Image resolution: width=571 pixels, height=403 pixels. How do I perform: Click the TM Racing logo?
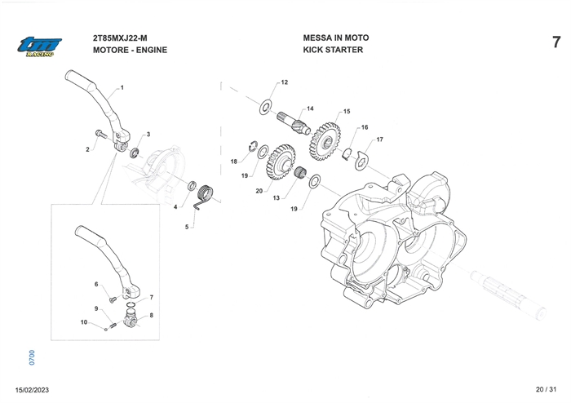[35, 46]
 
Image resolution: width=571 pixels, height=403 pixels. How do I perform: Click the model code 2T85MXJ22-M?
[120, 38]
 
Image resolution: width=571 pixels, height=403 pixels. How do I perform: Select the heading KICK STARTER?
[333, 51]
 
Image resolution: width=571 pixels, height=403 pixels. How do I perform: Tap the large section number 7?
[556, 42]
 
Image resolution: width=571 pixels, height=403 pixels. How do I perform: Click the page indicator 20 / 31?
[543, 390]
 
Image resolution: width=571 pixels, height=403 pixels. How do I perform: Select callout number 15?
[347, 112]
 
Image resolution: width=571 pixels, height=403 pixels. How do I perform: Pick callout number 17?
[379, 139]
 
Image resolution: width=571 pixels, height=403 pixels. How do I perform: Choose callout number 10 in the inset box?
[83, 323]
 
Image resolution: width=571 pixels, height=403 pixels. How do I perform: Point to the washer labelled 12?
[264, 107]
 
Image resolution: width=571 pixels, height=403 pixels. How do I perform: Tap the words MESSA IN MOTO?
[335, 38]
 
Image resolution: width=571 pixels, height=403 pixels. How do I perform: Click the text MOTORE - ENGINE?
[131, 51]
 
